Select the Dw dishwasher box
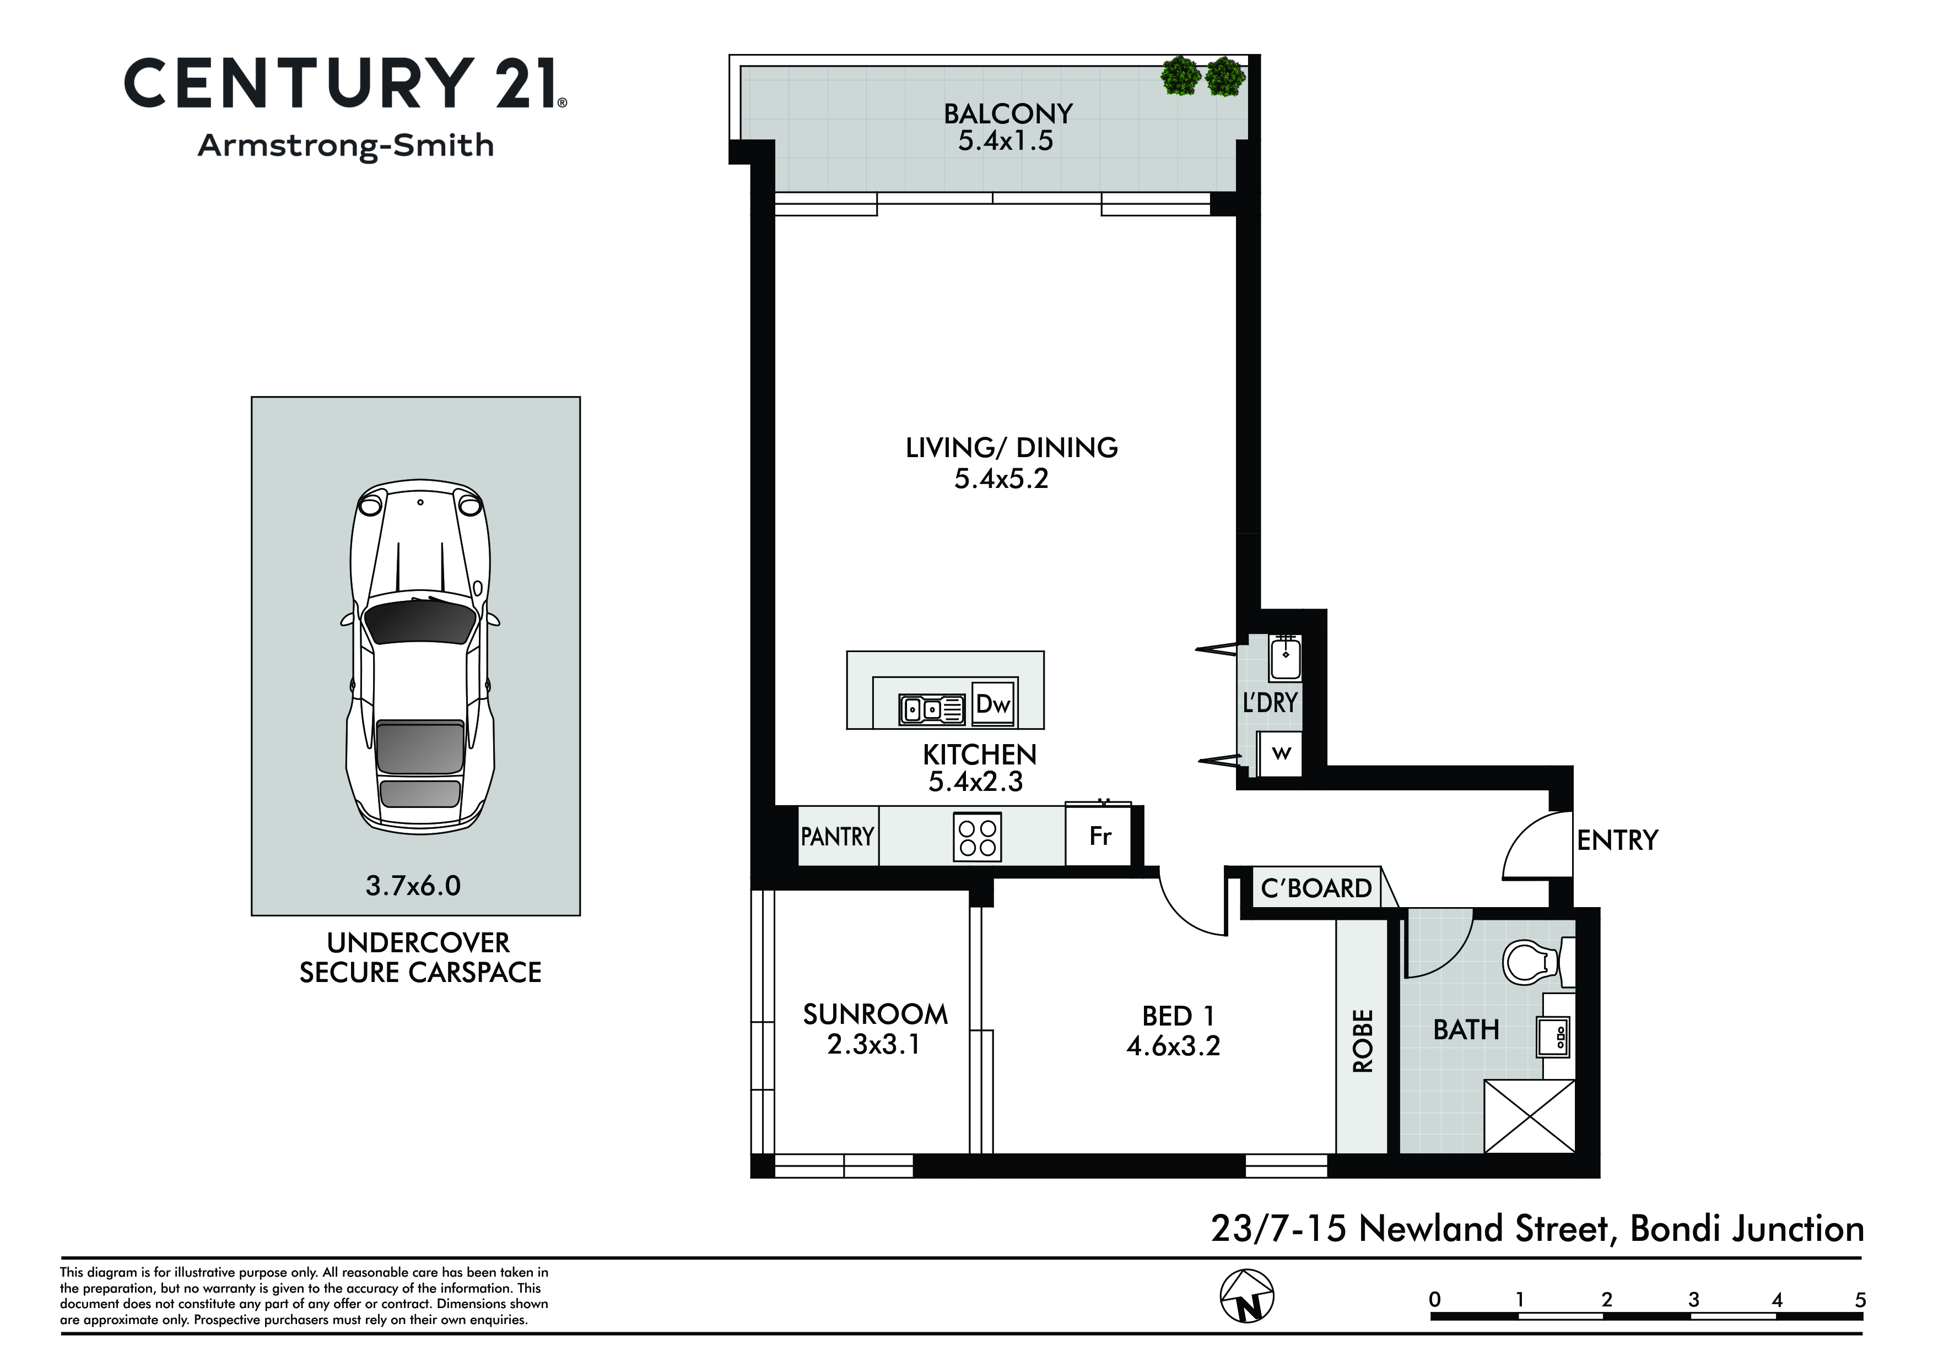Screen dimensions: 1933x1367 (994, 704)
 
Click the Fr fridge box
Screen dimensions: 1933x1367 (1099, 836)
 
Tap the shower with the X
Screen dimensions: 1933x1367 (1529, 1116)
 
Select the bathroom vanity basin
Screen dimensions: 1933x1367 (1554, 1036)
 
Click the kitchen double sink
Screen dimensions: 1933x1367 (932, 709)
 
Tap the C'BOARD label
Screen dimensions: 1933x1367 (1316, 888)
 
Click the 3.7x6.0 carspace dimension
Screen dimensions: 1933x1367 (413, 886)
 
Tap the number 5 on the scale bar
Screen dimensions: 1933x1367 (1860, 1300)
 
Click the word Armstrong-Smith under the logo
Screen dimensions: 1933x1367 (346, 145)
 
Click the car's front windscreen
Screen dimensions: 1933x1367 (419, 621)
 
